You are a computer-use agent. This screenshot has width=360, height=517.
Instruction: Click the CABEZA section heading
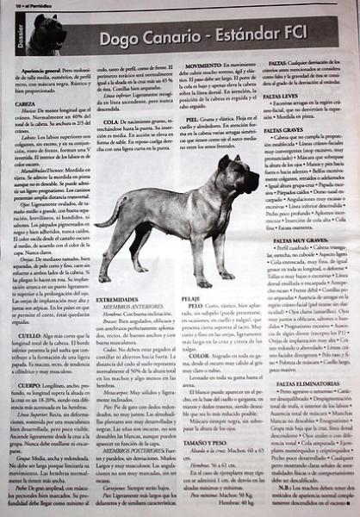(26, 103)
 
